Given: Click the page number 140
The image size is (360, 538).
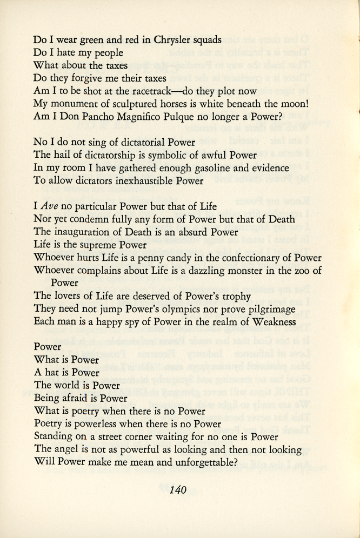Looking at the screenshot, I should click(178, 490).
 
